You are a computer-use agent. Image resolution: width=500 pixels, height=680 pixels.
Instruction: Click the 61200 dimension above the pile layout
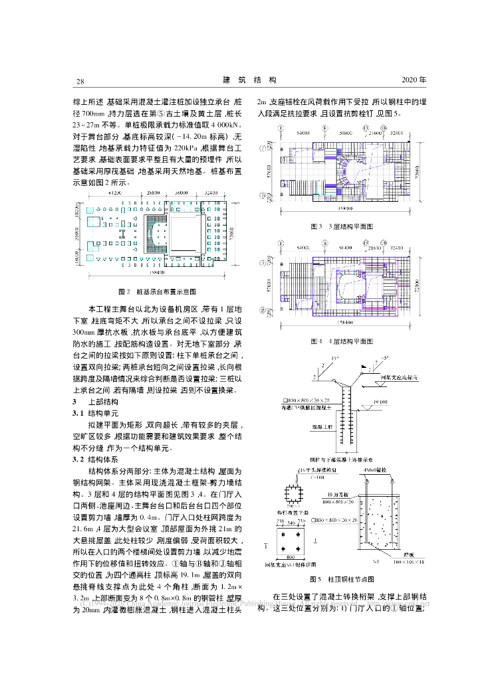click(117, 193)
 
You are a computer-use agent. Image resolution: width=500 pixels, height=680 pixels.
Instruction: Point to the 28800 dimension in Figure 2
click(154, 193)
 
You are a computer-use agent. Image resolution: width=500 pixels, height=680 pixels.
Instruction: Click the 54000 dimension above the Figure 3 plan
click(305, 133)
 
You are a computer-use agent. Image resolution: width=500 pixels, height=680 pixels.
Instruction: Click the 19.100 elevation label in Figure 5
click(381, 402)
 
